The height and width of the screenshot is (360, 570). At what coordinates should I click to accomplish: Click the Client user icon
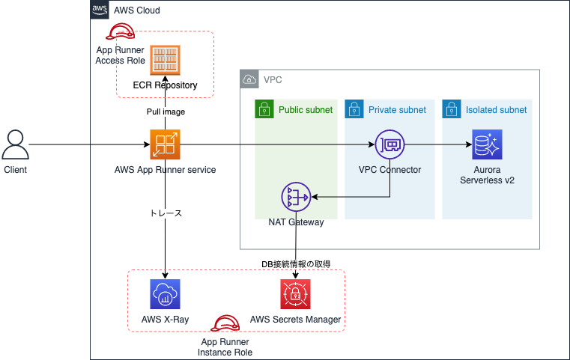click(15, 144)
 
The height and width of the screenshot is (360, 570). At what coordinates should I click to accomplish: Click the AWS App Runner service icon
click(165, 144)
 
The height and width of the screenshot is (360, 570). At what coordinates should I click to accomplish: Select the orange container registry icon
click(165, 59)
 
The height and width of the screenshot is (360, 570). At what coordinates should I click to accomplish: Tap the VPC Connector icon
click(389, 144)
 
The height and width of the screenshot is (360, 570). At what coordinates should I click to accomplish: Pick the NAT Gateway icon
click(296, 198)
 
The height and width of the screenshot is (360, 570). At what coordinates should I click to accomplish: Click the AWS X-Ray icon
click(165, 295)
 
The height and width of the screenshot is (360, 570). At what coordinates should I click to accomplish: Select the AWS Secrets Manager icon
click(295, 295)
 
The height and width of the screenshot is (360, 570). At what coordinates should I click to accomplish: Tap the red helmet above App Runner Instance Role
click(224, 323)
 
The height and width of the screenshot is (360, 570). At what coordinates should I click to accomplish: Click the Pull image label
click(166, 112)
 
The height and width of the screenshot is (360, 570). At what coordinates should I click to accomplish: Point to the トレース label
click(166, 213)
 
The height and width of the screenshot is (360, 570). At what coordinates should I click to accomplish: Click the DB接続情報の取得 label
click(296, 263)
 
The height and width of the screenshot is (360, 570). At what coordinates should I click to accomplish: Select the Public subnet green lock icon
click(262, 109)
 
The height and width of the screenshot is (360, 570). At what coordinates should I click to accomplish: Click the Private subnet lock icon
click(352, 109)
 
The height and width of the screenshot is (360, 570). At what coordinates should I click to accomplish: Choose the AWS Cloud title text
click(136, 11)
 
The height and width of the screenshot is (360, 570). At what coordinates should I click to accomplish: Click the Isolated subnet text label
click(496, 109)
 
